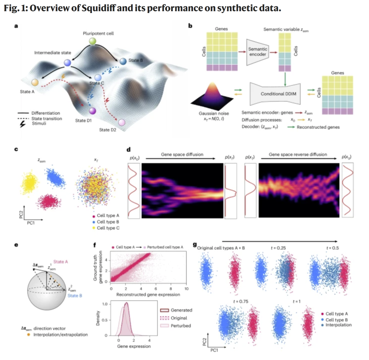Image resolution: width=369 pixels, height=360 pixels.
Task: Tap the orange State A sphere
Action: tap(35, 82)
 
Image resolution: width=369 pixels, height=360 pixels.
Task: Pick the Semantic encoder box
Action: tap(258, 52)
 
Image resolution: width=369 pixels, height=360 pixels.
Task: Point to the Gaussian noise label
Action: tap(214, 113)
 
